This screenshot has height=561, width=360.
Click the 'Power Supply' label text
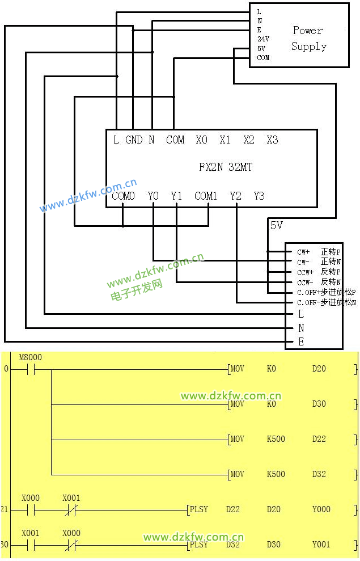(308, 38)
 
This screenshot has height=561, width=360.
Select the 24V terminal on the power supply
(263, 39)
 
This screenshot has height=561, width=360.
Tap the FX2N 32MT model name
(225, 167)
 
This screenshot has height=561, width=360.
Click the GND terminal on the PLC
(134, 140)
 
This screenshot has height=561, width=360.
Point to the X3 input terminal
(273, 140)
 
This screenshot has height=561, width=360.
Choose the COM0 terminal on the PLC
(123, 196)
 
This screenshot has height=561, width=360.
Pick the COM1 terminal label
(206, 196)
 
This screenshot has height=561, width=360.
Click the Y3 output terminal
(259, 196)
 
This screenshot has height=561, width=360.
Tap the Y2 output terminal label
(236, 196)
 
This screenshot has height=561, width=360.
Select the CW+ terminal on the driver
(303, 251)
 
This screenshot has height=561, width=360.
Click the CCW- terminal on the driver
(304, 282)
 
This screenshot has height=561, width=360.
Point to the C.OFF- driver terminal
(308, 303)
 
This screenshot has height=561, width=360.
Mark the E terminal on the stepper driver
(301, 342)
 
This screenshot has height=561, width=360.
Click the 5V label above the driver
(276, 226)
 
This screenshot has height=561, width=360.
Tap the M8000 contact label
(30, 358)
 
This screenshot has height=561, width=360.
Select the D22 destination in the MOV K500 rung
(319, 439)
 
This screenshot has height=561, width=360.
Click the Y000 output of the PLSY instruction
(321, 509)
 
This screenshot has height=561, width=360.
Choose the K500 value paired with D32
(276, 474)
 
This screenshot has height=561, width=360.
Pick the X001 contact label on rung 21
(71, 498)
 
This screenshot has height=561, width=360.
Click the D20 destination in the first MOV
(319, 369)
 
